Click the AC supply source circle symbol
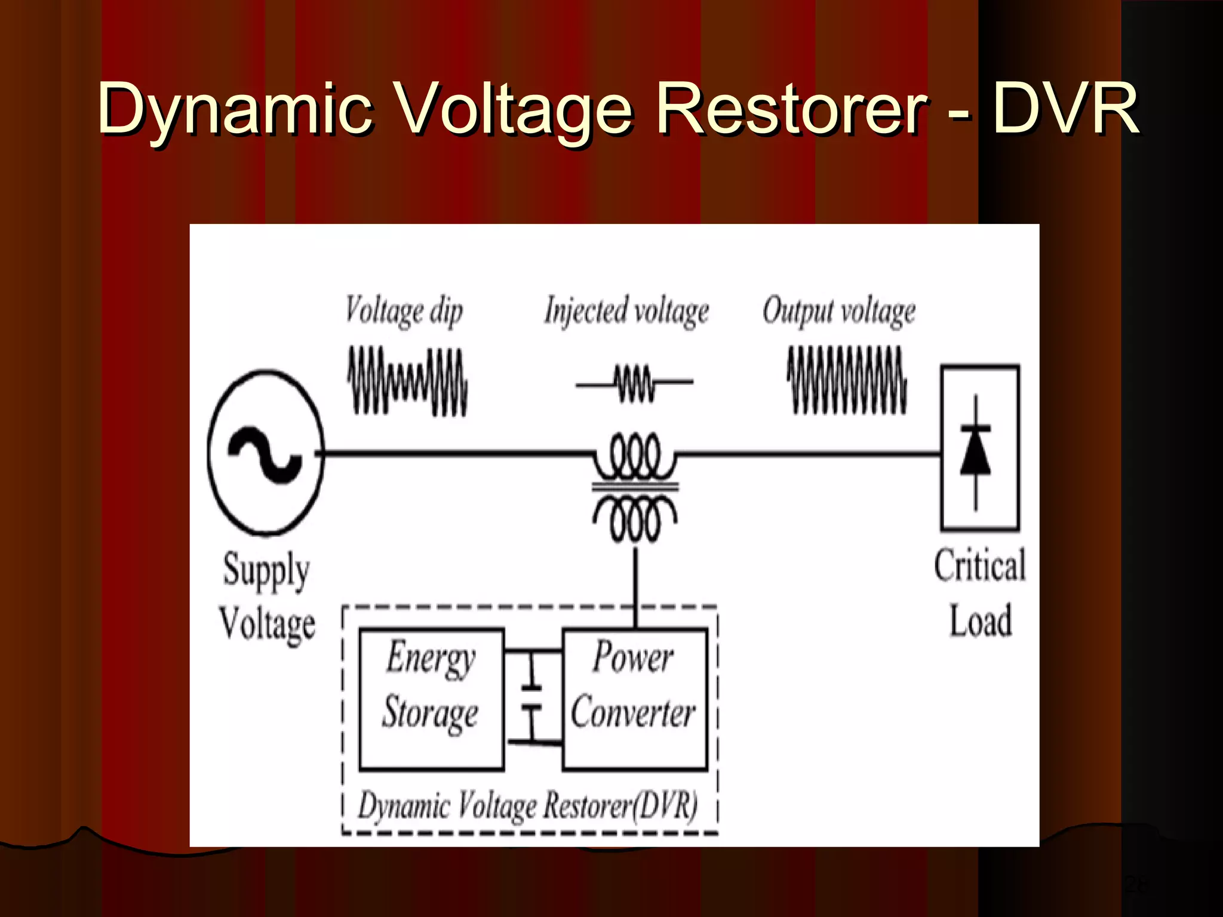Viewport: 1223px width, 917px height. [266, 453]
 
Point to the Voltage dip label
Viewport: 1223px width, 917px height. [404, 311]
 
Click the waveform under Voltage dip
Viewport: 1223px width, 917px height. [408, 381]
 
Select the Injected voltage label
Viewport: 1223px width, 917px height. [626, 311]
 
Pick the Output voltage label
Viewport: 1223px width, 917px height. [838, 311]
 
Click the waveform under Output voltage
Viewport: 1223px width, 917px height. [847, 380]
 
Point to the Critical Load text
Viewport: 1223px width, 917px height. [980, 592]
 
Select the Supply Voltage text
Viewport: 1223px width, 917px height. [267, 597]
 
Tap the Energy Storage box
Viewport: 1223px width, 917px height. [431, 698]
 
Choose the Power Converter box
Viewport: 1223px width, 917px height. [634, 698]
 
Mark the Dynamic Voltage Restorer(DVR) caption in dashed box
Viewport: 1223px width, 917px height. [528, 805]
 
